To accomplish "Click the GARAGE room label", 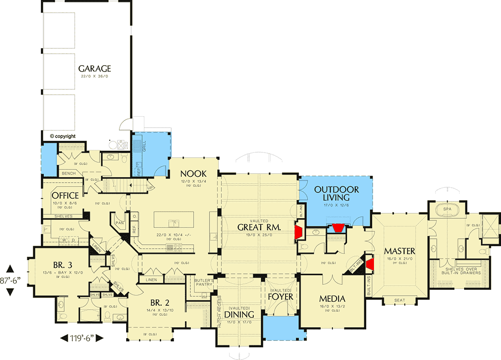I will (x=94, y=69).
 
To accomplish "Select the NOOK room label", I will (x=194, y=174).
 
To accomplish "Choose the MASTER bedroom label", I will (x=399, y=251).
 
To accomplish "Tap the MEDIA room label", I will (x=332, y=299).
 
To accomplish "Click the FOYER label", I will (x=280, y=297).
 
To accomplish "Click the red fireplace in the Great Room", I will (x=299, y=231).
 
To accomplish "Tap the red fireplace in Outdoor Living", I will (x=337, y=228).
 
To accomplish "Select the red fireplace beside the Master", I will (x=370, y=264).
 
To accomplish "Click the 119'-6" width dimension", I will (x=82, y=338).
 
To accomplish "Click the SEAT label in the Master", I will (x=399, y=300).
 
